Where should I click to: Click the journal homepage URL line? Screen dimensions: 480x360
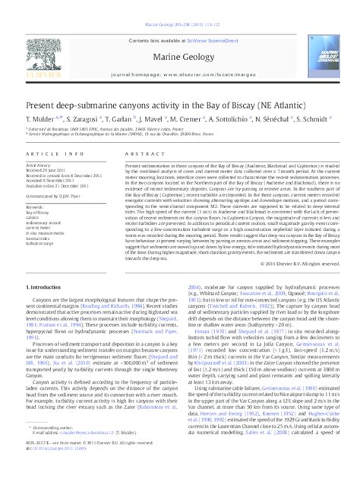(180, 54)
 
